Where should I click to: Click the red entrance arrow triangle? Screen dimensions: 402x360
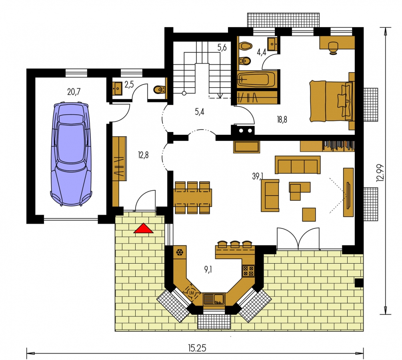(x=143, y=228)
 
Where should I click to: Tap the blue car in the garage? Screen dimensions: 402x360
(x=71, y=154)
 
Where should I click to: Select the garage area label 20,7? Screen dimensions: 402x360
(x=74, y=92)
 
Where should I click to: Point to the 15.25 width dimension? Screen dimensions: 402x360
(x=197, y=348)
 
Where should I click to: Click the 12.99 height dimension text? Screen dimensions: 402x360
(x=380, y=173)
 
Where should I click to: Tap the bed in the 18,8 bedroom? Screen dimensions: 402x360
(x=332, y=101)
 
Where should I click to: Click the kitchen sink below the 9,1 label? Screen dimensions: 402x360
(x=214, y=299)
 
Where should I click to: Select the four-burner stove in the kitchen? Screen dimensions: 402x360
(x=248, y=271)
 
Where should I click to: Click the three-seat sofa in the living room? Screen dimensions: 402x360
(x=298, y=165)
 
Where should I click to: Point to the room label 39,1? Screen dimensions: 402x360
(x=258, y=176)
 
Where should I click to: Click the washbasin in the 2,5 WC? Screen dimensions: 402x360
(x=117, y=89)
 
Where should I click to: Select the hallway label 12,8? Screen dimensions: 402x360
(x=143, y=155)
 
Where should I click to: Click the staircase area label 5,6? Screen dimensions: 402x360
(x=222, y=48)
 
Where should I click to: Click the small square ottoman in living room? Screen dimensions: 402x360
(x=309, y=214)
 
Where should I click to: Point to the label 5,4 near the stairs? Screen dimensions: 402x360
(x=199, y=112)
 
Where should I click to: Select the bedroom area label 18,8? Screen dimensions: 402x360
(x=282, y=119)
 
